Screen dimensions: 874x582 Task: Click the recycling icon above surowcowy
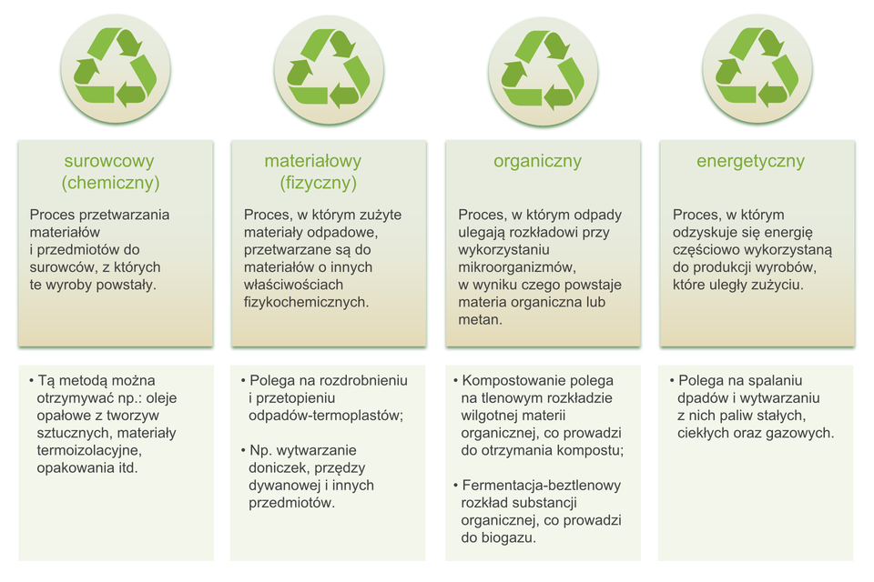tap(116, 68)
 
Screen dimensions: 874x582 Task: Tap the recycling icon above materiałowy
tap(329, 70)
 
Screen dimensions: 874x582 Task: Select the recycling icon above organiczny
tap(543, 71)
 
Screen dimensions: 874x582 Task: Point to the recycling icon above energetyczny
tap(757, 68)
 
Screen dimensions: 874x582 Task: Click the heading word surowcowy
tap(109, 161)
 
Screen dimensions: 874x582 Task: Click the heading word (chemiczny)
tap(110, 183)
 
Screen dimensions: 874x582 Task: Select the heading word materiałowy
tap(312, 161)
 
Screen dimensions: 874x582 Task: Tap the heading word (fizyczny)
tap(319, 183)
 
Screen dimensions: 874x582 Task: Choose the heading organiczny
tap(537, 162)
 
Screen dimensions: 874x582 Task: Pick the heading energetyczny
tap(750, 162)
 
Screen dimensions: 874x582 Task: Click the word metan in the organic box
tap(478, 320)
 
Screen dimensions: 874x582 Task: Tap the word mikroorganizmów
tap(515, 267)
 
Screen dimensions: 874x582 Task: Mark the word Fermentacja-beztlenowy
tap(541, 485)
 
